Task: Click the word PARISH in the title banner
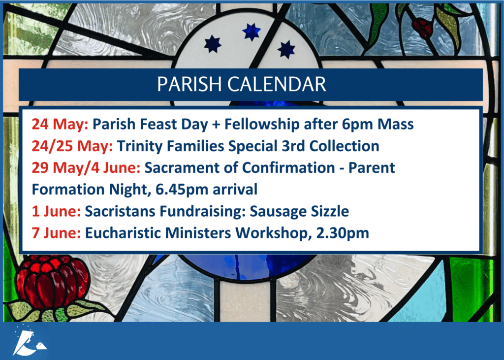189,84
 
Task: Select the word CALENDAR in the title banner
277,84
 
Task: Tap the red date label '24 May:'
60,124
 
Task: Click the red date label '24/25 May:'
72,146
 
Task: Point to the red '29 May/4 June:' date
86,168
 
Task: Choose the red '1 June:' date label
56,211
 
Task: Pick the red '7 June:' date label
56,233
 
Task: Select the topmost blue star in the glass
252,32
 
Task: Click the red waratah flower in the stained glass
52,281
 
